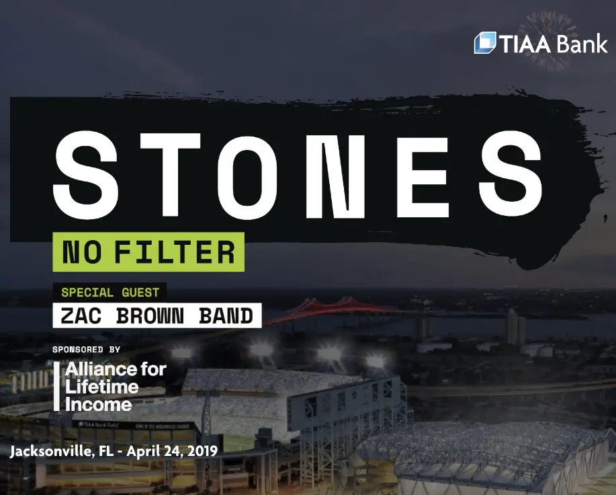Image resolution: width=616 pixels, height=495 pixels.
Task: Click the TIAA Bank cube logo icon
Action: pyautogui.click(x=485, y=43)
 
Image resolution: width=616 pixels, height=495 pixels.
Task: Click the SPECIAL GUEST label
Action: pyautogui.click(x=110, y=293)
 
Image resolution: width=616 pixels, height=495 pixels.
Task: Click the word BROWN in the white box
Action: pyautogui.click(x=148, y=315)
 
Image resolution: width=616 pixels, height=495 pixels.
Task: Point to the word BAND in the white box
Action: pyautogui.click(x=223, y=315)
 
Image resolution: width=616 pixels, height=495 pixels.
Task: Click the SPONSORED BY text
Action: pyautogui.click(x=86, y=350)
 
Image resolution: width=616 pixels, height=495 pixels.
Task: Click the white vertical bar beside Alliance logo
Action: pyautogui.click(x=56, y=387)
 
